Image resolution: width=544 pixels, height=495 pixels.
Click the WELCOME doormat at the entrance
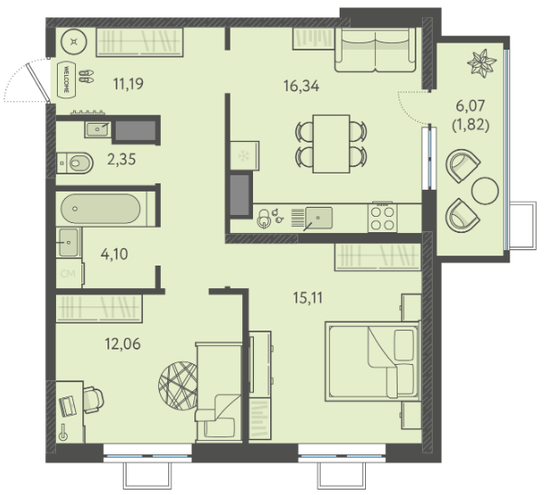(x=66, y=79)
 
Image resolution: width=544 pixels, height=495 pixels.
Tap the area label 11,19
(x=128, y=84)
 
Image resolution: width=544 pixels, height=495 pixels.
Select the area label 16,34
(x=301, y=86)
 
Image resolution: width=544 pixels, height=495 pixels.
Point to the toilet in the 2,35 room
(x=75, y=163)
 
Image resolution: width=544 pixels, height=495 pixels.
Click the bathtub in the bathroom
(x=100, y=209)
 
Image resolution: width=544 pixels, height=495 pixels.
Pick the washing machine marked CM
(x=70, y=274)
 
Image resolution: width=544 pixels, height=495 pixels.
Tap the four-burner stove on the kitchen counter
(x=382, y=218)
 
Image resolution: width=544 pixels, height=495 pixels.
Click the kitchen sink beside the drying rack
(x=318, y=218)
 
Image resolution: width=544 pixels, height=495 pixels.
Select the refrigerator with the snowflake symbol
(x=245, y=155)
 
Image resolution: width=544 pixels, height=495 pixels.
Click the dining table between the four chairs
(x=331, y=144)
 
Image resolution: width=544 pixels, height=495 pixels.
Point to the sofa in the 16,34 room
(x=375, y=50)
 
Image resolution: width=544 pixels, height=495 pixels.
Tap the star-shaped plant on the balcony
(x=482, y=62)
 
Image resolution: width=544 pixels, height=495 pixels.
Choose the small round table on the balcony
(x=485, y=191)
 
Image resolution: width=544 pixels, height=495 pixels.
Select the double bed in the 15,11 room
(x=372, y=361)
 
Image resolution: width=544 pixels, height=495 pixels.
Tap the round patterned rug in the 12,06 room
(x=178, y=386)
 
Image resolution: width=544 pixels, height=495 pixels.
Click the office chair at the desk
(x=93, y=399)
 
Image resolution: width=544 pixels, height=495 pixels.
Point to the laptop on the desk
(x=68, y=406)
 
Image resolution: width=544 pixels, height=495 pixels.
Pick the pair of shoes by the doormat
(x=87, y=76)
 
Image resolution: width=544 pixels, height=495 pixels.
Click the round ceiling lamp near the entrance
(x=73, y=42)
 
